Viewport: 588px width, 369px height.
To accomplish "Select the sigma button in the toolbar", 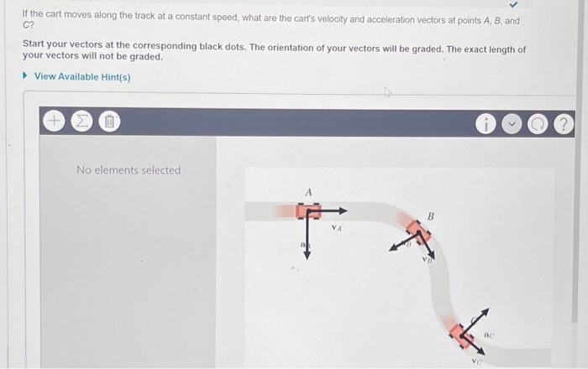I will point(81,122).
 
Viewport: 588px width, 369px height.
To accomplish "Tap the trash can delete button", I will point(108,122).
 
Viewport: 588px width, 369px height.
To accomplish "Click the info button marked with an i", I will point(485,124).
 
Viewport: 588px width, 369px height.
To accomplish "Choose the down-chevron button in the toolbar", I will point(511,124).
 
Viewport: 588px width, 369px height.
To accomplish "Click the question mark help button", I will point(563,124).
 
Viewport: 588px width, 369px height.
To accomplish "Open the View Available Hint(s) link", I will point(81,77).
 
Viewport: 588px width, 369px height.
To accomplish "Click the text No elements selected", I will point(129,170).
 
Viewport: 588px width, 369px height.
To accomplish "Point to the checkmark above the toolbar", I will point(501,8).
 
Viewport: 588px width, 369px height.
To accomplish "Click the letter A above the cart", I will point(308,193).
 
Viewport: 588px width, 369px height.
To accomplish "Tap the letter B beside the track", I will point(431,216).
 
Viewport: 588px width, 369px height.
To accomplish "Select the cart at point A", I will point(307,210).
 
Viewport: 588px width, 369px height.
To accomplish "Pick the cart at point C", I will point(460,334).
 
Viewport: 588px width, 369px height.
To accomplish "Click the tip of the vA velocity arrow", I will point(345,210).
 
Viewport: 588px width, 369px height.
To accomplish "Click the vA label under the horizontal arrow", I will point(336,226).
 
